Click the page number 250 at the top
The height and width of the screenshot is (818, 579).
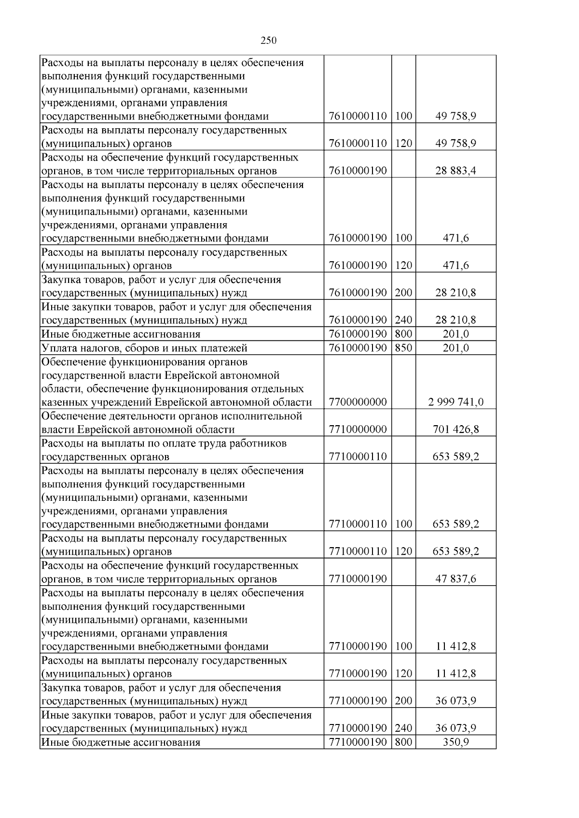[268, 40]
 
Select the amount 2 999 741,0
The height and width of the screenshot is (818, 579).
[455, 402]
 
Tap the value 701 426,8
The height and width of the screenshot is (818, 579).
[455, 429]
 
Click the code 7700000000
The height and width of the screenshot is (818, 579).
[358, 402]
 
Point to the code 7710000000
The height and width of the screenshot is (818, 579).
[358, 429]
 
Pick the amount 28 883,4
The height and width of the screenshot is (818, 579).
[455, 171]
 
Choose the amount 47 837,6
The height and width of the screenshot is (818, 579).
[455, 579]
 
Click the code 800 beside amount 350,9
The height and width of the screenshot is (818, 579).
[403, 742]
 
